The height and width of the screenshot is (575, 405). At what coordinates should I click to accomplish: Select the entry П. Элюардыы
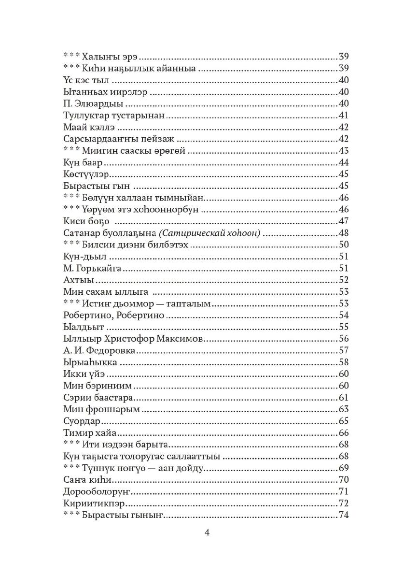(86, 103)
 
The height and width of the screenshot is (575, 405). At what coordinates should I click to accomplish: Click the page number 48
(343, 233)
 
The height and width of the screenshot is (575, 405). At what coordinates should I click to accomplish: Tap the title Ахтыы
(78, 280)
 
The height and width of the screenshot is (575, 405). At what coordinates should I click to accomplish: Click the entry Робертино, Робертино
(114, 315)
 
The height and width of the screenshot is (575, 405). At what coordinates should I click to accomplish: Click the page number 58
(343, 362)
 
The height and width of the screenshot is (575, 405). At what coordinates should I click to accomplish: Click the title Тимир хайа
(87, 432)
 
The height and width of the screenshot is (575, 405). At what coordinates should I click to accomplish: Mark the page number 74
(343, 515)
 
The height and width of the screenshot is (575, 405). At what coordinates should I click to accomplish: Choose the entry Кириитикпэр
(90, 503)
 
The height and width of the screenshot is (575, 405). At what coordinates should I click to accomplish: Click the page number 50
(343, 244)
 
